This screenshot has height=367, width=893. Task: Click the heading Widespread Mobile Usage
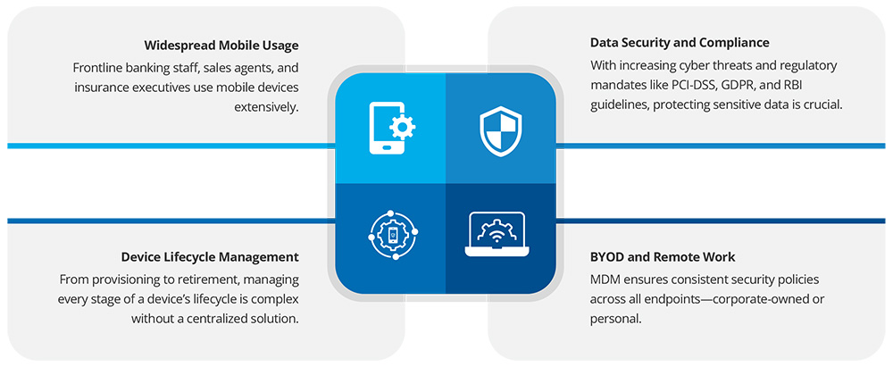pos(221,45)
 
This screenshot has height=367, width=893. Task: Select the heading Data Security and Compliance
pos(680,43)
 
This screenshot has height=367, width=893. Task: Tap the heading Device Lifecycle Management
pos(210,257)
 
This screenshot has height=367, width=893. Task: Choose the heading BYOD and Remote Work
pos(663,257)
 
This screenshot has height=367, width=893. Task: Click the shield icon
pos(500,133)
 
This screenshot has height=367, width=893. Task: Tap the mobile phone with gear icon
pos(392,128)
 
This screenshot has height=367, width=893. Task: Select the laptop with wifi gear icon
pos(496,234)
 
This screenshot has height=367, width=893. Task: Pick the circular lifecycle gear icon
pos(393,234)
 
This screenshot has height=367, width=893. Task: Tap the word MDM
pos(604,280)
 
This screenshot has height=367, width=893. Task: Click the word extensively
pos(266,106)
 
